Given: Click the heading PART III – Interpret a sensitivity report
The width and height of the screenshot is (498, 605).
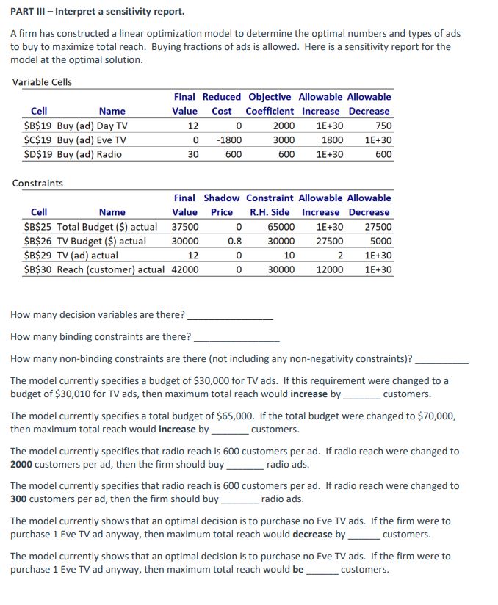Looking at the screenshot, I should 98,12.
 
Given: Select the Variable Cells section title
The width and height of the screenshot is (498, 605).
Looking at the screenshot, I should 42,81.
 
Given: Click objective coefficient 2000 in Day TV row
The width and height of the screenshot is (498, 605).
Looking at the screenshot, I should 284,126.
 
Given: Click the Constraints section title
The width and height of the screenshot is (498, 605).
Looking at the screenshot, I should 38,183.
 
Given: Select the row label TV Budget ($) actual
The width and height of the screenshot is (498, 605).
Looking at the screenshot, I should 101,241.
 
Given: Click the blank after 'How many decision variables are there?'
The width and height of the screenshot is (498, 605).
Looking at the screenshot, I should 230,316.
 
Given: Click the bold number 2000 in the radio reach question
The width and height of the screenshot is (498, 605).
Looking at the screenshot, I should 24,464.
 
